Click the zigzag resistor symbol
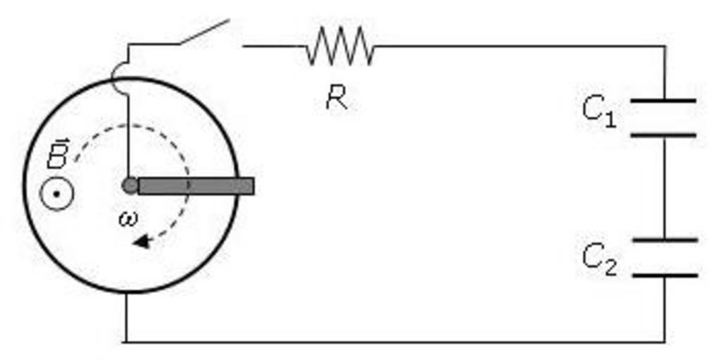[340, 46]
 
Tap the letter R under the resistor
[337, 98]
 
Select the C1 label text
[598, 112]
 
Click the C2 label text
[599, 259]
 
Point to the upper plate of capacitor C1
[663, 101]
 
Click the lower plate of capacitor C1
[663, 135]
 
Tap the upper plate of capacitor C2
[665, 240]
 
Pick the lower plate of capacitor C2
[665, 275]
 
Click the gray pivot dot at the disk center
[130, 185]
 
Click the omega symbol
[127, 219]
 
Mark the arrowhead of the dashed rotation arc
[142, 242]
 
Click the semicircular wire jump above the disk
[117, 78]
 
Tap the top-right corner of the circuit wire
[664, 46]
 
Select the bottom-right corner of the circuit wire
[664, 342]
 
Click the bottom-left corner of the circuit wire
[127, 342]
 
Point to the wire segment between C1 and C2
[664, 187]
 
